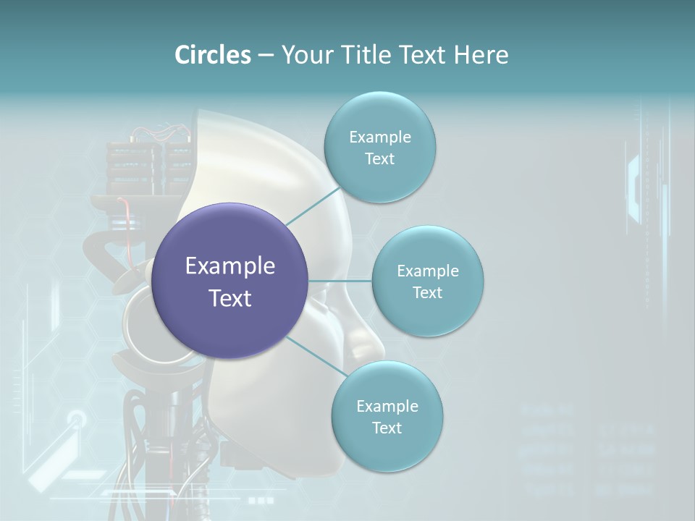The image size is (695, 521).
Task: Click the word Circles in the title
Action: (212, 55)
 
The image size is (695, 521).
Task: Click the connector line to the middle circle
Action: (340, 281)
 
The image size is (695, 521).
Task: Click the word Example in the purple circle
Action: (230, 266)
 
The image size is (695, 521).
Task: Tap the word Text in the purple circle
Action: (230, 298)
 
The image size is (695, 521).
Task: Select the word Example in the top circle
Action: (379, 137)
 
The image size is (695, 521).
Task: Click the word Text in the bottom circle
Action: (387, 428)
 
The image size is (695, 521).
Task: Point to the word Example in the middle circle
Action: (428, 271)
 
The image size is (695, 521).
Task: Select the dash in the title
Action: (266, 55)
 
